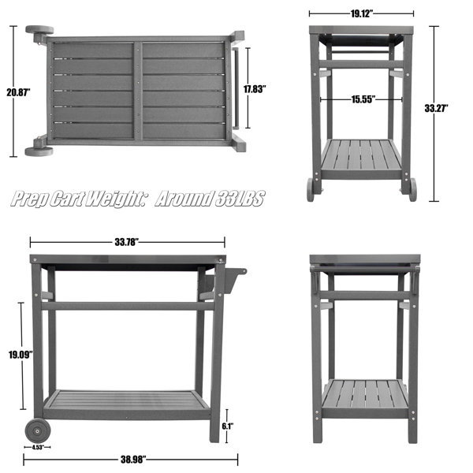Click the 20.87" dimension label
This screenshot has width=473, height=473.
pos(18,92)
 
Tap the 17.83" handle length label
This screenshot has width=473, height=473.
pos(255,89)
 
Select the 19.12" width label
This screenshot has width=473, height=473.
pos(362,13)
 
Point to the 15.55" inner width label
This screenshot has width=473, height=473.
pos(363,99)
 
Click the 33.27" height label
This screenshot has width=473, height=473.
pos(437,108)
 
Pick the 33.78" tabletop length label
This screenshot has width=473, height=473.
pos(127,242)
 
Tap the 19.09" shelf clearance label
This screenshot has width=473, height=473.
pos(20,355)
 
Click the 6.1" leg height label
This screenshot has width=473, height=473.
pos(228,426)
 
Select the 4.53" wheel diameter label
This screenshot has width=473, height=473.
pos(38,447)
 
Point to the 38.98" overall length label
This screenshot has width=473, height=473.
pos(133,460)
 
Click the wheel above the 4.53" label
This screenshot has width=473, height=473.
pos(38,431)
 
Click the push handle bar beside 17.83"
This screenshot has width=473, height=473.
pos(236,88)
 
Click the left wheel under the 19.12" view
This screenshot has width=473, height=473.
pos(310,190)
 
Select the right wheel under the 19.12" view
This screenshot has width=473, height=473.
pos(412,189)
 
